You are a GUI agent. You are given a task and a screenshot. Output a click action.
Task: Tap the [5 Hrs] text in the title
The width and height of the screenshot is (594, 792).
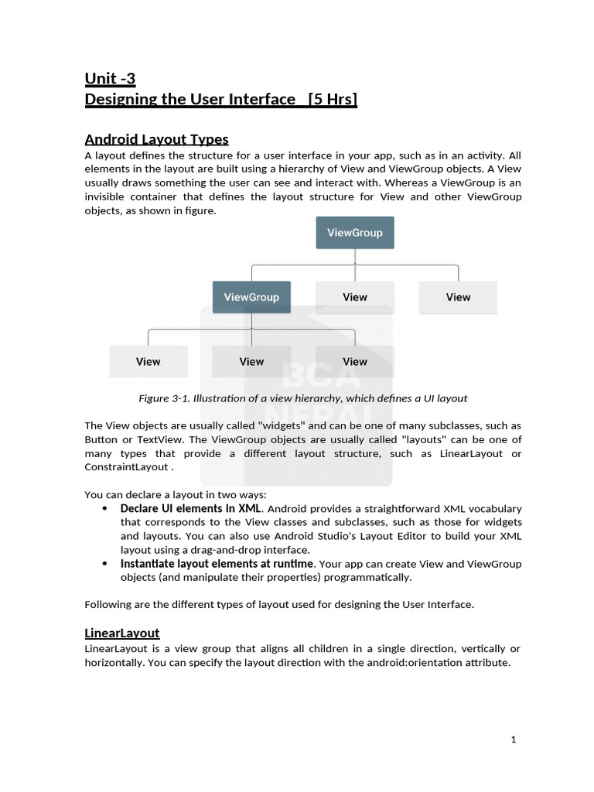[332, 99]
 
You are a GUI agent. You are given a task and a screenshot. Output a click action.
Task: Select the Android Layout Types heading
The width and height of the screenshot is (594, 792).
[156, 139]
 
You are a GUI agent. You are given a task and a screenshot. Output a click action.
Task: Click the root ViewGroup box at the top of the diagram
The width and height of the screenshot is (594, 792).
[355, 233]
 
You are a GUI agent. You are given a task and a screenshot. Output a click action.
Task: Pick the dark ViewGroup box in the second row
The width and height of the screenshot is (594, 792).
[251, 297]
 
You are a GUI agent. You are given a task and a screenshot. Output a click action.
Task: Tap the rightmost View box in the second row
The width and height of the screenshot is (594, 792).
[458, 297]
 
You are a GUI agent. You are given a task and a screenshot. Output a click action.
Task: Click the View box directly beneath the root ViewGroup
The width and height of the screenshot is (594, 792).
[355, 297]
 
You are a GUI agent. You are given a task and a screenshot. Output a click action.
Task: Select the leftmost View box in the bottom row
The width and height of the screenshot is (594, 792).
[148, 361]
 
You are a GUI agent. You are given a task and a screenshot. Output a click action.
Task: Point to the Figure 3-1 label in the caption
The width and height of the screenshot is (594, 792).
[163, 398]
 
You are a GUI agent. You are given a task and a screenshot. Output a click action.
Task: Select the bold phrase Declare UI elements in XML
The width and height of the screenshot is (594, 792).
[190, 509]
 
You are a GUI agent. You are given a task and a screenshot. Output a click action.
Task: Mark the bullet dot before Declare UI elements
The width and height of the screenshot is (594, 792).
[104, 509]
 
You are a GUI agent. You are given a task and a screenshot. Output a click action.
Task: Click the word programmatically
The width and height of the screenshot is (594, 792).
[367, 578]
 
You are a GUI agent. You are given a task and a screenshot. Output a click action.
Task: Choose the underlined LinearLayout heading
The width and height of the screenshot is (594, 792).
[122, 633]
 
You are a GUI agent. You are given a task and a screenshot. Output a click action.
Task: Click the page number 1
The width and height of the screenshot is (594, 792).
[513, 739]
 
